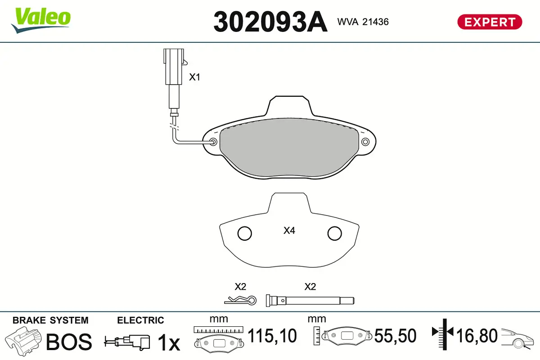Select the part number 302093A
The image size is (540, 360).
(270, 21)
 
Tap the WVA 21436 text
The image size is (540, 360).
(363, 22)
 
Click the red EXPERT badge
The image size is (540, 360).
(490, 22)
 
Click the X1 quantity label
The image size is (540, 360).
(194, 77)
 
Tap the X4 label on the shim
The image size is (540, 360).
(289, 231)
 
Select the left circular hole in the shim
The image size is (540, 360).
(244, 233)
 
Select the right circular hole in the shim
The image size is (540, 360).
(335, 233)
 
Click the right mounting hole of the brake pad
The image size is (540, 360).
(365, 142)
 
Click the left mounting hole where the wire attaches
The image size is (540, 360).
(213, 143)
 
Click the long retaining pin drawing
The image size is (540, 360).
(310, 300)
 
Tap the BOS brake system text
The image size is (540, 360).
(69, 342)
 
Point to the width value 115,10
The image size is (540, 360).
(272, 336)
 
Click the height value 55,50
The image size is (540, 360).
(395, 336)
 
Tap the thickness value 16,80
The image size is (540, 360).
(477, 336)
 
